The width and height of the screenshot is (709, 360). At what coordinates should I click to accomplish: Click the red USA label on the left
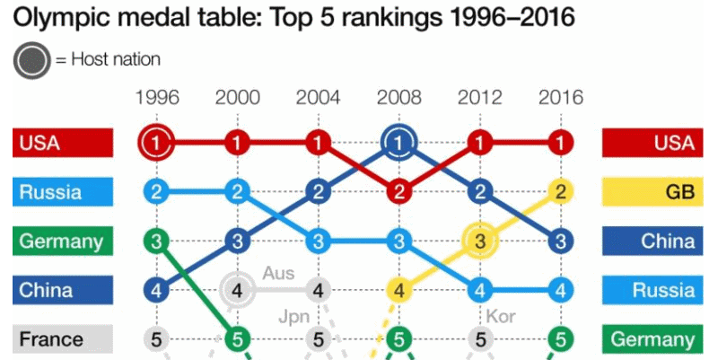(63, 142)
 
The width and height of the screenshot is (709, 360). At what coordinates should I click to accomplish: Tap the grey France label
(63, 340)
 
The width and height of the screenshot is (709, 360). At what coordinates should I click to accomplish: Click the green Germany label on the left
(63, 241)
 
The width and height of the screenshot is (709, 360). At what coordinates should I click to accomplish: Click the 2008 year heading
(398, 97)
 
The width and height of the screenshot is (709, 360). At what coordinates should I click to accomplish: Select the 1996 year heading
(157, 97)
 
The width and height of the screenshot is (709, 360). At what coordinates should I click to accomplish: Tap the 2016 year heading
(560, 97)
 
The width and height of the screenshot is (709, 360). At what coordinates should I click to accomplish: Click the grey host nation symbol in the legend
(31, 60)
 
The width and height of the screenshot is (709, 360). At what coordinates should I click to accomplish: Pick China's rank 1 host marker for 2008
(398, 142)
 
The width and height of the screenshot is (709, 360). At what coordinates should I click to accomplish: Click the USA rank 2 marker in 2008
(398, 191)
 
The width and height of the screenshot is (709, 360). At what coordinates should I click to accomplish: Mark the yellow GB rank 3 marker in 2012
(479, 241)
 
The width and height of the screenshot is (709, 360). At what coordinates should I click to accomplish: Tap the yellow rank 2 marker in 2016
(560, 191)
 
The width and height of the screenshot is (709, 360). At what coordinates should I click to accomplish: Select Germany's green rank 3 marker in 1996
(157, 241)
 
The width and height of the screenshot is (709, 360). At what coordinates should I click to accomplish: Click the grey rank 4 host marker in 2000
(237, 290)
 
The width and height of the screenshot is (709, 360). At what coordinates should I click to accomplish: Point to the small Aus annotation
(278, 272)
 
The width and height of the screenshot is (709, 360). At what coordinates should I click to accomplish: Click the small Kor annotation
(500, 316)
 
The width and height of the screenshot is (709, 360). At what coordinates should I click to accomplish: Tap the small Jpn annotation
(294, 317)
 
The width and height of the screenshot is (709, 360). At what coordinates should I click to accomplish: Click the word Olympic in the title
(54, 18)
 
